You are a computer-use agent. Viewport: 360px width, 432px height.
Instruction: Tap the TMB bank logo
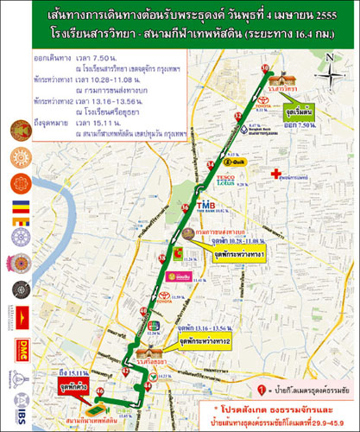(206, 205)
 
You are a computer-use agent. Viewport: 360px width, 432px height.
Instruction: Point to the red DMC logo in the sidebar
(22, 348)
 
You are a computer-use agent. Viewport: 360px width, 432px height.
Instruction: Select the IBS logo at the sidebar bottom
(22, 417)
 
